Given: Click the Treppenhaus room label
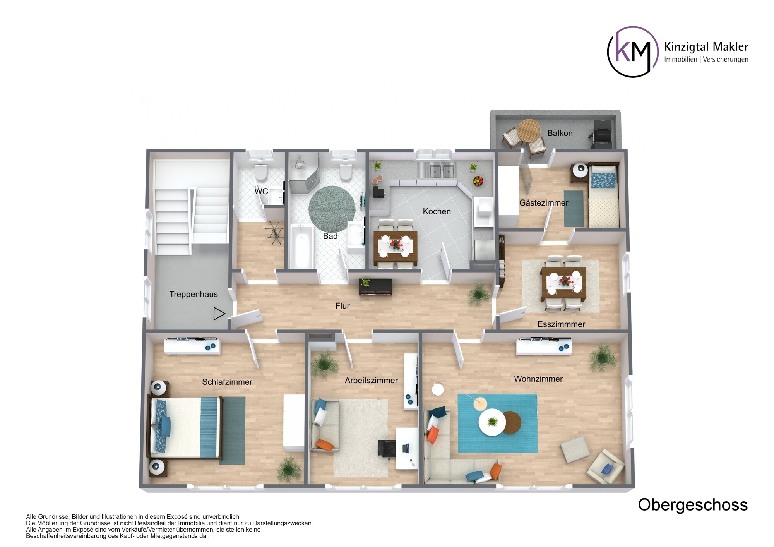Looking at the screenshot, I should pyautogui.click(x=193, y=294).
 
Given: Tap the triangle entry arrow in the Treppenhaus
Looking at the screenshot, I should pyautogui.click(x=219, y=314).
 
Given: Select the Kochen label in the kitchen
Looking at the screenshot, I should pyautogui.click(x=437, y=211).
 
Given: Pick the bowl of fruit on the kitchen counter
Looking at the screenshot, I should pyautogui.click(x=478, y=180).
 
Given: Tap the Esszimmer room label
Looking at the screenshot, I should pyautogui.click(x=561, y=324).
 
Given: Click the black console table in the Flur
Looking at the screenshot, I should pyautogui.click(x=375, y=287).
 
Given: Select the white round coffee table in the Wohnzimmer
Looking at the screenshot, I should pyautogui.click(x=492, y=422).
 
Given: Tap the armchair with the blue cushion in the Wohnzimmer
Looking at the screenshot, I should pyautogui.click(x=605, y=468).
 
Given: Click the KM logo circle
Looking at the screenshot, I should pyautogui.click(x=632, y=51).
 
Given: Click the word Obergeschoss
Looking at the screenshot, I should pyautogui.click(x=693, y=505).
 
